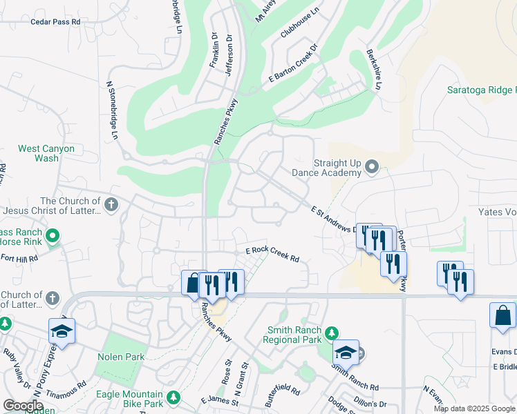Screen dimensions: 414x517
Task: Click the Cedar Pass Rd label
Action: [56, 22]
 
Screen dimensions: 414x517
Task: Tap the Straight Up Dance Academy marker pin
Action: [372, 166]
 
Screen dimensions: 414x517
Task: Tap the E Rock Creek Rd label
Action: [272, 254]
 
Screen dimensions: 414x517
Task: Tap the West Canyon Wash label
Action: [38, 153]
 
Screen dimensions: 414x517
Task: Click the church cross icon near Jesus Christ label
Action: [111, 204]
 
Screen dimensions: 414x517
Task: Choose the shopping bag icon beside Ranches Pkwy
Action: [191, 283]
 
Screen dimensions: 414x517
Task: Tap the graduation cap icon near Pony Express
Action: [62, 331]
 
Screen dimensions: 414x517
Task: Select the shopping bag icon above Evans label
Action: [502, 315]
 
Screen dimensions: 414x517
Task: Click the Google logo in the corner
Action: [22, 406]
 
